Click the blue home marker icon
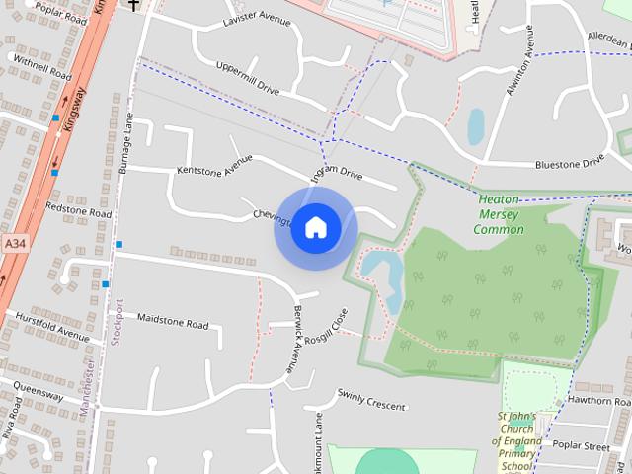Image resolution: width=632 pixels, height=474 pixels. [x=315, y=227]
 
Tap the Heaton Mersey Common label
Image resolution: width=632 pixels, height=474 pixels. [x=499, y=214]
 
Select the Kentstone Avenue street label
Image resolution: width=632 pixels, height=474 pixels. [x=214, y=165]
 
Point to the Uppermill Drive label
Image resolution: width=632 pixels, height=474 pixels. [x=248, y=78]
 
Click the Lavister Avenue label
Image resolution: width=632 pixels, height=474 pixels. [x=257, y=20]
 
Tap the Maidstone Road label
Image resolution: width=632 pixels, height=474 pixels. [x=173, y=323]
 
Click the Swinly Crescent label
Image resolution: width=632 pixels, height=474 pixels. [x=371, y=399]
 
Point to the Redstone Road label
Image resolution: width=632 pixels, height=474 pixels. [x=78, y=210]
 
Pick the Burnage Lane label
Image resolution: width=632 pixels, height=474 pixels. [x=126, y=144]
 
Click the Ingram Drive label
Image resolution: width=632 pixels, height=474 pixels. [x=339, y=175]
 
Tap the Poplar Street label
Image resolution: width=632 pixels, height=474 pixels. [x=583, y=446]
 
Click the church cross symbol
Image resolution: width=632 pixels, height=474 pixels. [x=133, y=5]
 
